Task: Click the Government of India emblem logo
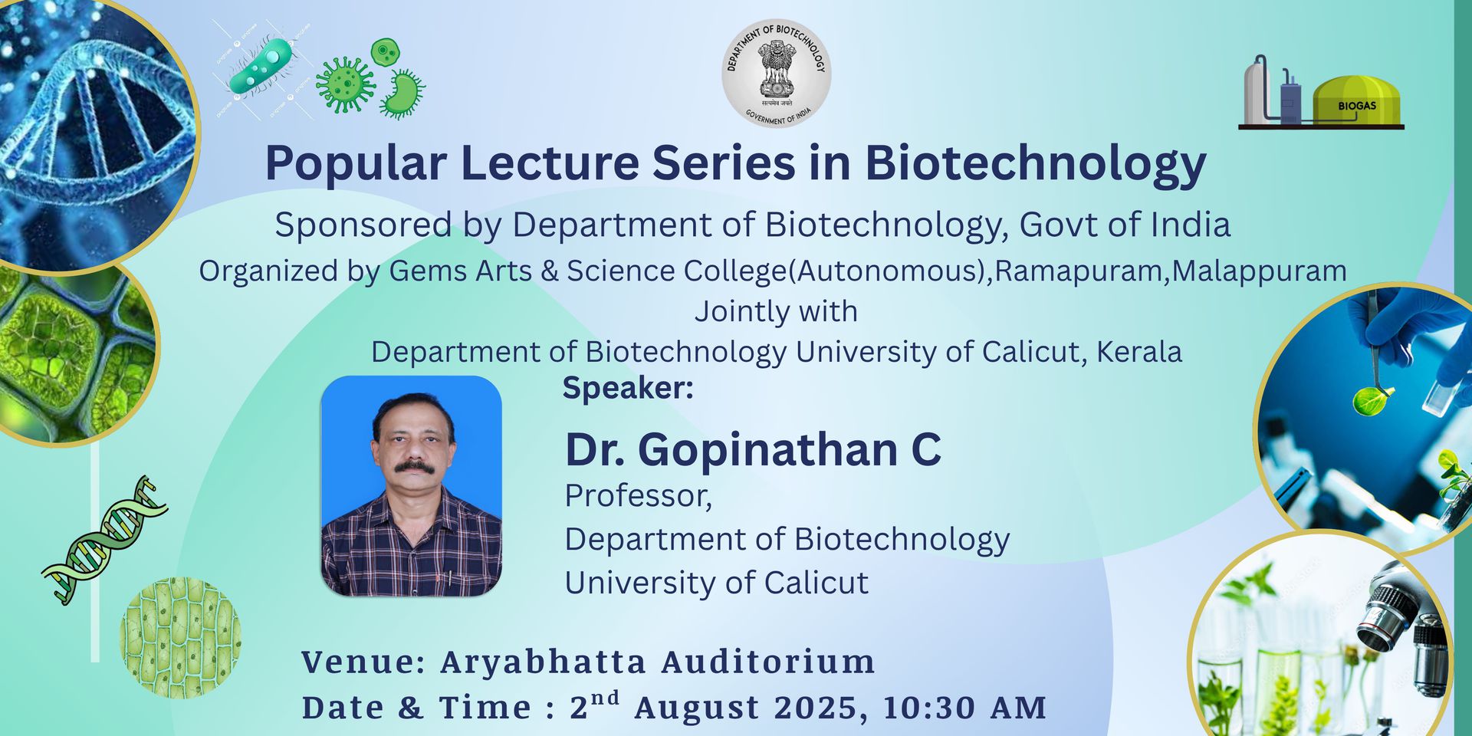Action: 776,73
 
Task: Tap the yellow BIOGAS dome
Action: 1356,100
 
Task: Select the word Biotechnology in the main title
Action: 1036,163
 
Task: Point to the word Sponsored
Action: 363,225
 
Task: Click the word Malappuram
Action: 1259,271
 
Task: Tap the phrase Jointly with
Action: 776,311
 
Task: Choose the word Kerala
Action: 1139,352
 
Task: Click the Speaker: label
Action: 628,388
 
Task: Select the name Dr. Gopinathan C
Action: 753,449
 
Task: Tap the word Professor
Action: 638,496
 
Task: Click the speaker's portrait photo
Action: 411,486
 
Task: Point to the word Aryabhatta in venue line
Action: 543,662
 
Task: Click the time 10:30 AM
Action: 964,708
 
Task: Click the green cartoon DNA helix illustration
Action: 105,539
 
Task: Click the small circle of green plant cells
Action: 181,638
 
